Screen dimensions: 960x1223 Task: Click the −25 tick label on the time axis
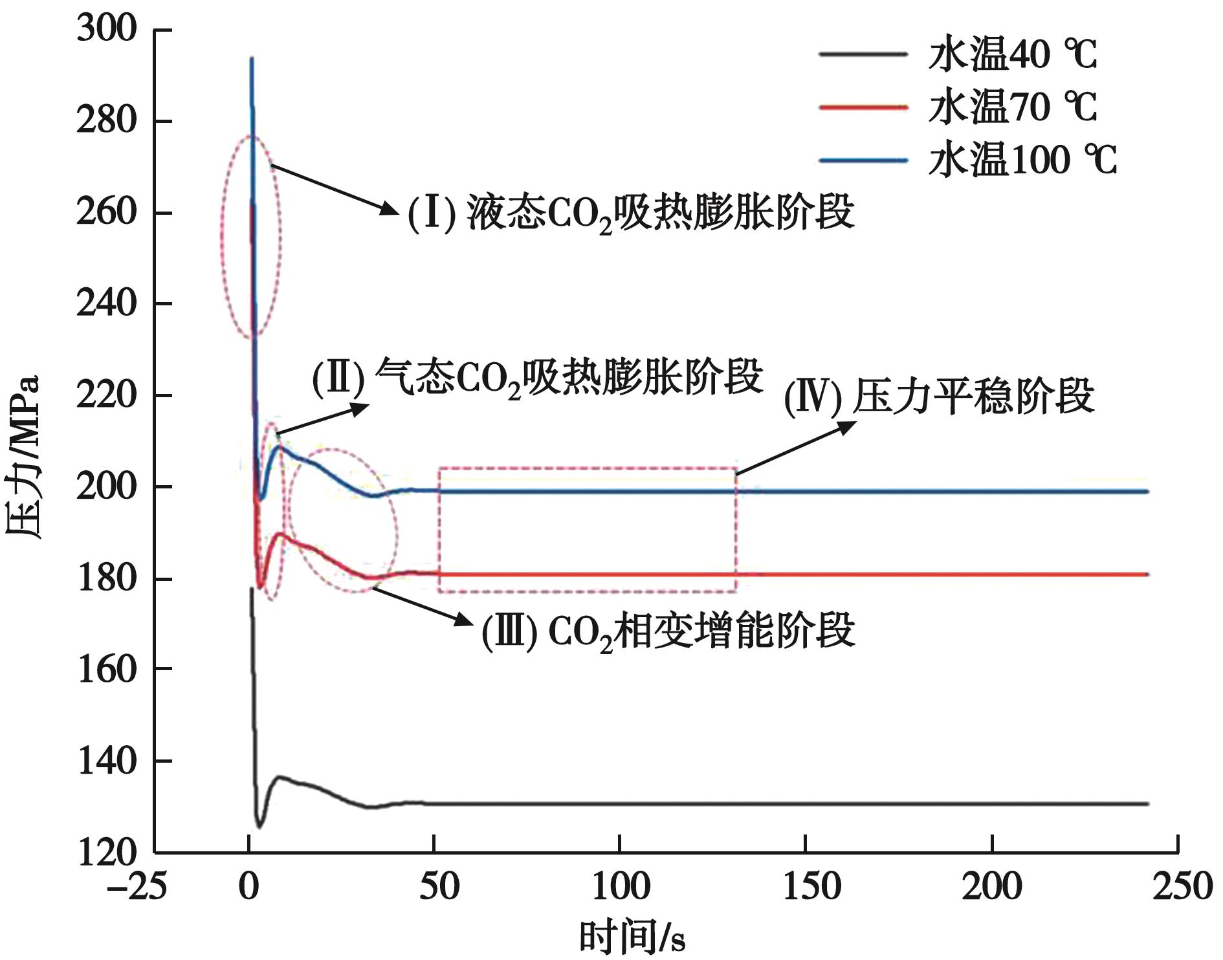137,887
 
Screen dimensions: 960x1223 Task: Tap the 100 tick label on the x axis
620,887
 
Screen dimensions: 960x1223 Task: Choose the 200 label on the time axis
991,887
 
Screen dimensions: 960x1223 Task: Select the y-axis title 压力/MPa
23,457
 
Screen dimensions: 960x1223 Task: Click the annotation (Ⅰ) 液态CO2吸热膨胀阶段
631,213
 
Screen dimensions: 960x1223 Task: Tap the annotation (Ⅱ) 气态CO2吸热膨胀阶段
538,377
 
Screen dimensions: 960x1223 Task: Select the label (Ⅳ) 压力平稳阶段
939,397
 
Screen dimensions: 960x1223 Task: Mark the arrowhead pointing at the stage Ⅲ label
465,620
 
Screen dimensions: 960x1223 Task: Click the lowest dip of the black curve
259,826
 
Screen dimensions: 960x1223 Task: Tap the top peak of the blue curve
252,58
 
